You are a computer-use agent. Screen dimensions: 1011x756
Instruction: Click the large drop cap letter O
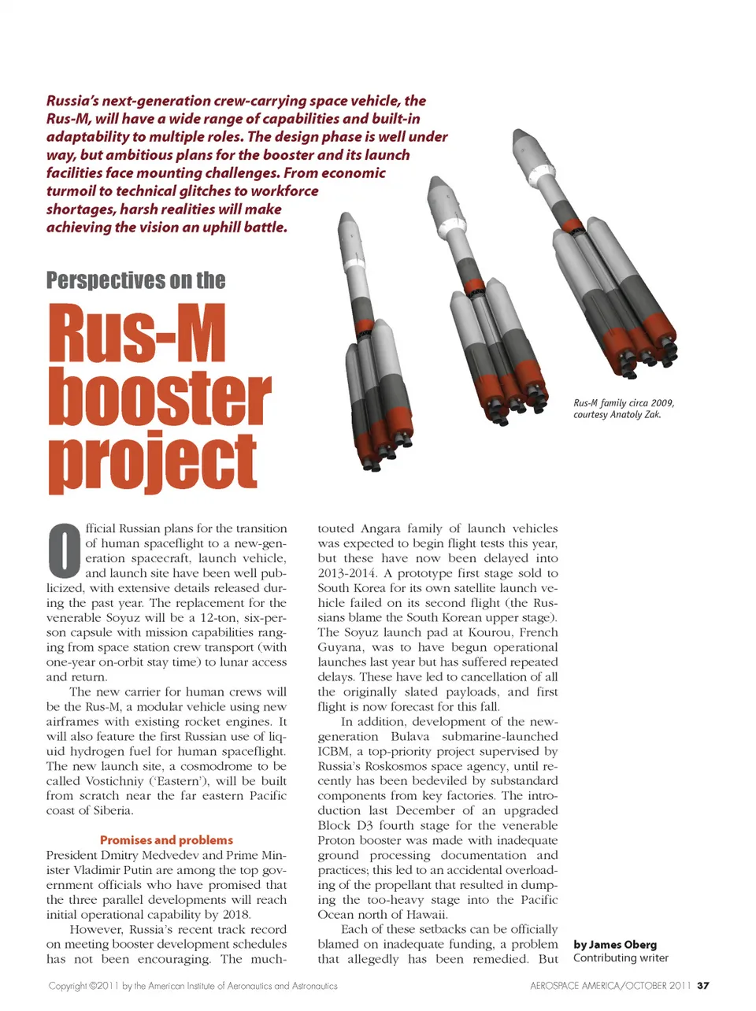click(x=64, y=550)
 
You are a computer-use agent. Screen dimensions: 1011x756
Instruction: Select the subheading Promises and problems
click(x=166, y=840)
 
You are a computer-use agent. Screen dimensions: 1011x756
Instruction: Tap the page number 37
click(x=703, y=985)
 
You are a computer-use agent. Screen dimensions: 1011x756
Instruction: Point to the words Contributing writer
click(x=621, y=958)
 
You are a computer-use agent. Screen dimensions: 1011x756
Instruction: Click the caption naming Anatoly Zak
click(x=624, y=409)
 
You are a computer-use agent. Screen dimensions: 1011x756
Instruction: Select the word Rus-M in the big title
click(x=137, y=335)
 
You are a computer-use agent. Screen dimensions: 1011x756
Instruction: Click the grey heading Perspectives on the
click(x=135, y=280)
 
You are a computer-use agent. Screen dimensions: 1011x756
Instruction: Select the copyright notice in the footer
click(x=193, y=986)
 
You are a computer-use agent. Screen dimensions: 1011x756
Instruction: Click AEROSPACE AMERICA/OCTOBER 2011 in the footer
click(x=611, y=985)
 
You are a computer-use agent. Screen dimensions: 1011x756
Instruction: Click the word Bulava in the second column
click(x=409, y=736)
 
